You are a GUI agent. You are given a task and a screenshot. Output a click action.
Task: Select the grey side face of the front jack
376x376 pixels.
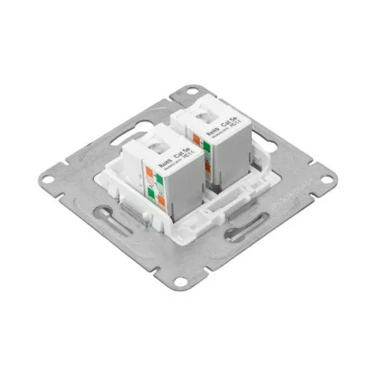coord(184,188)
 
